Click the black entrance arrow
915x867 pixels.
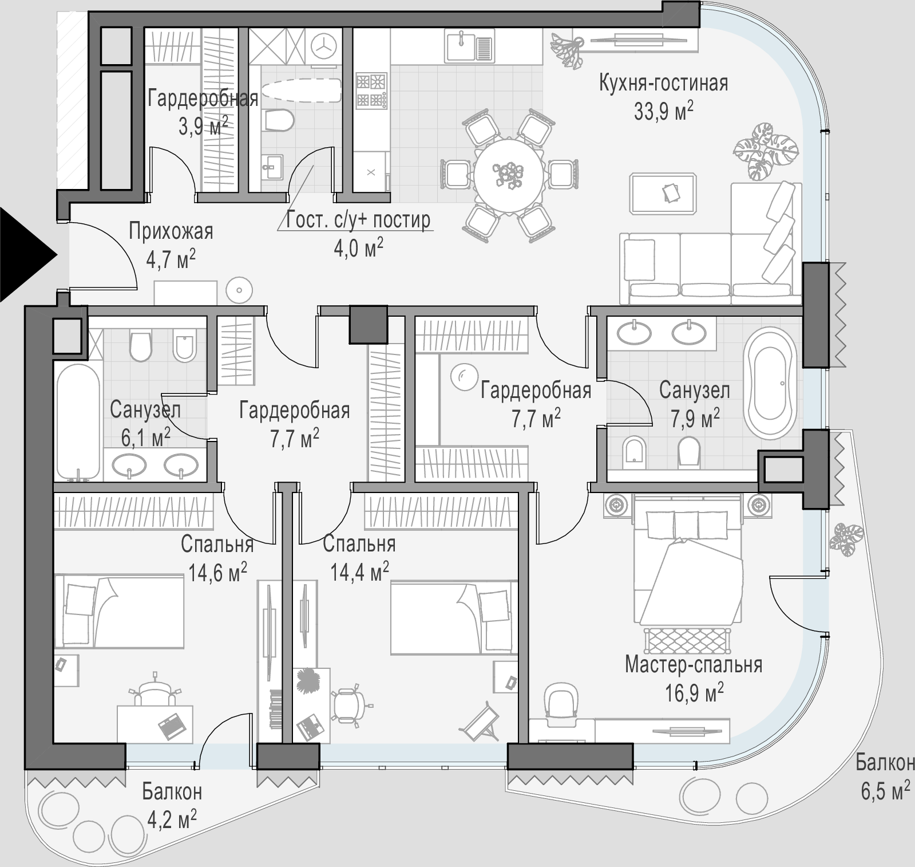tap(26, 254)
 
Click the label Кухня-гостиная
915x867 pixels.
tap(663, 83)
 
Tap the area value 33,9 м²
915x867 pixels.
tap(663, 111)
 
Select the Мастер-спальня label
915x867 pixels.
tap(694, 665)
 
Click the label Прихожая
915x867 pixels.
tap(171, 232)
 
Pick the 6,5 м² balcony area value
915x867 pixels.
tap(885, 791)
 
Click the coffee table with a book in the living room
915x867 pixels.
tap(663, 194)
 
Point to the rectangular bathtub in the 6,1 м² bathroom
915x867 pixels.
tap(78, 422)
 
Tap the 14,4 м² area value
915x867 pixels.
tap(360, 571)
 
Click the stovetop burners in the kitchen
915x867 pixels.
tap(371, 90)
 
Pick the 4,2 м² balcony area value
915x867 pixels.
tap(172, 819)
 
